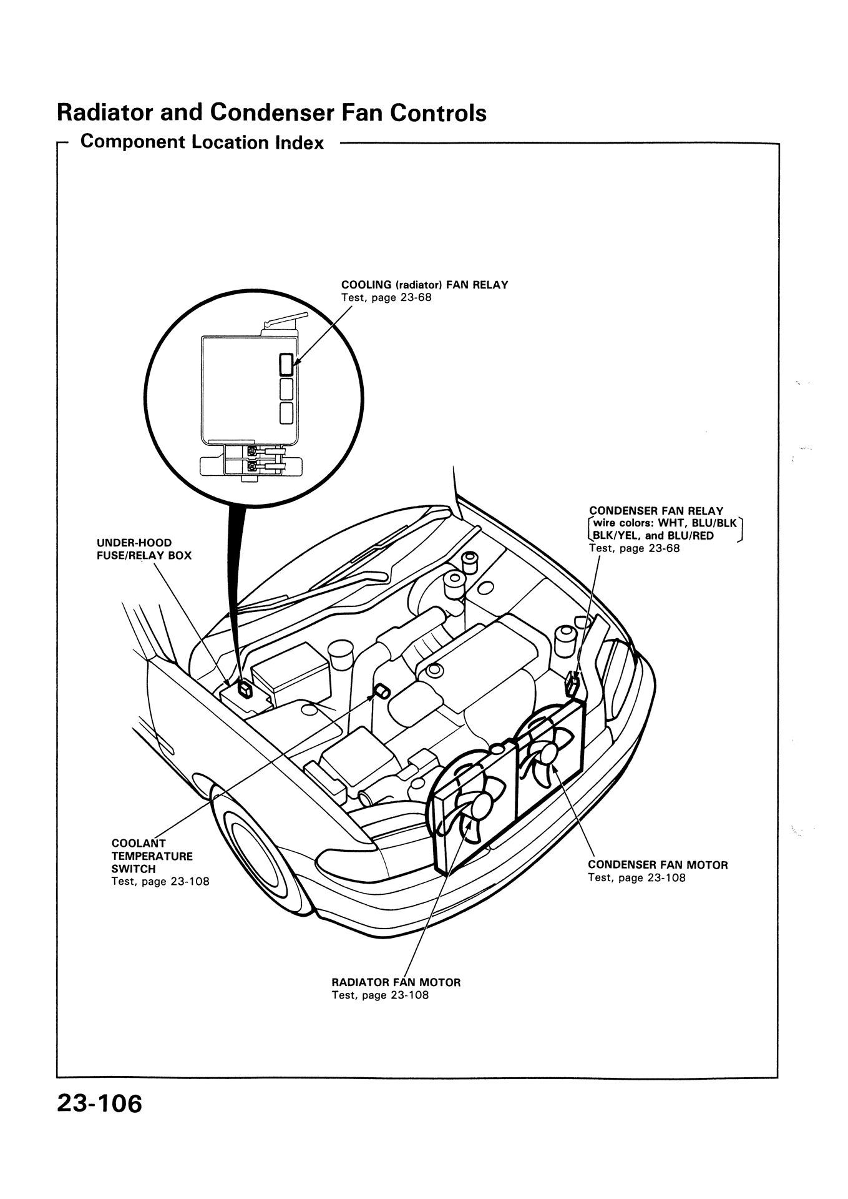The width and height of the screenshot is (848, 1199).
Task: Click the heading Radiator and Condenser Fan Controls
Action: click(x=271, y=113)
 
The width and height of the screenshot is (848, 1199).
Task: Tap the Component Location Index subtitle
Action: click(x=202, y=143)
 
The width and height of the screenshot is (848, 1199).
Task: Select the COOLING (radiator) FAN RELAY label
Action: click(x=424, y=285)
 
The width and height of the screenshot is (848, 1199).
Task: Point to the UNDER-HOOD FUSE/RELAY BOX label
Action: click(x=144, y=549)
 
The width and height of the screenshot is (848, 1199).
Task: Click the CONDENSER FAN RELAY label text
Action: click(x=655, y=511)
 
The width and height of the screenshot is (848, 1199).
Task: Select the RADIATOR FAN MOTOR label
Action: click(x=396, y=982)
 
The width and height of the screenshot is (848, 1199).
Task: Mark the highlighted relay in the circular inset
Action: click(x=286, y=363)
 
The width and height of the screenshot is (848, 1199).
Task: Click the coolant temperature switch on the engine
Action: click(x=381, y=691)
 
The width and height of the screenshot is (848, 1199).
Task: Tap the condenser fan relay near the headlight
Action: click(x=572, y=685)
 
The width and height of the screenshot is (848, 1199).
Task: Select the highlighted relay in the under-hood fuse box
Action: click(x=245, y=689)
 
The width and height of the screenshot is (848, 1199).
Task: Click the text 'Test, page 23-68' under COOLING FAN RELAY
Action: click(x=386, y=298)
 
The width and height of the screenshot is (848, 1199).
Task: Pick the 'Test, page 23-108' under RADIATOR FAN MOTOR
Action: click(x=380, y=995)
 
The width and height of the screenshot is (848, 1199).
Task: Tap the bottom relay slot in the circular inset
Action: click(x=286, y=413)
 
